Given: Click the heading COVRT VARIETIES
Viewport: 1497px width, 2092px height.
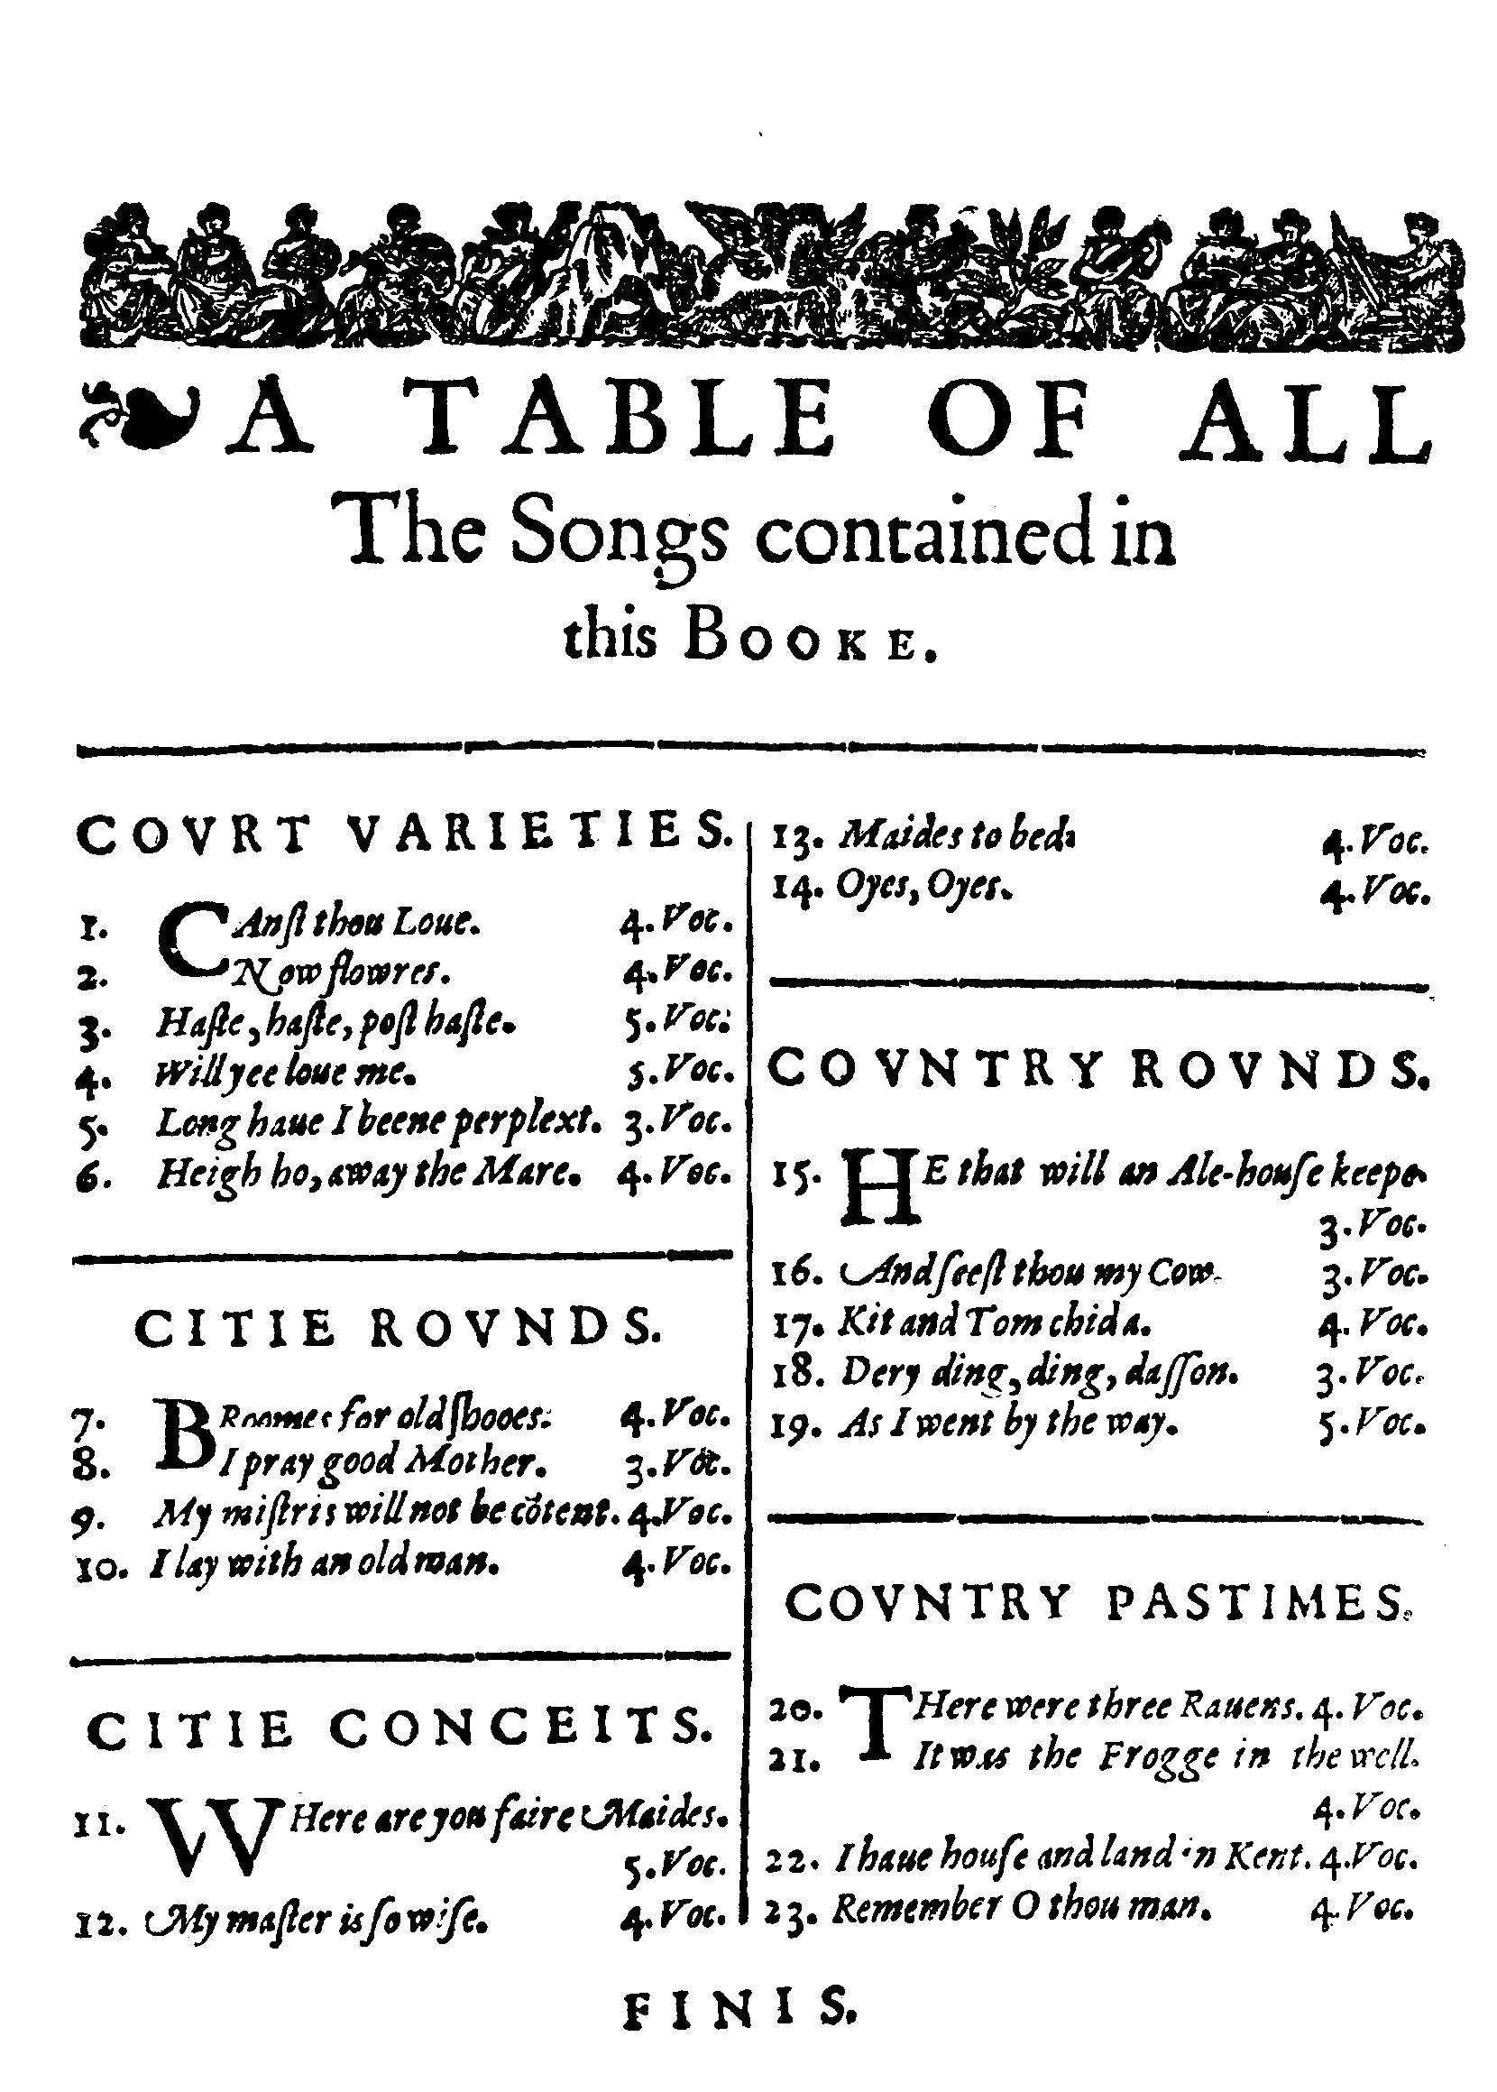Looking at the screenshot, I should (403, 834).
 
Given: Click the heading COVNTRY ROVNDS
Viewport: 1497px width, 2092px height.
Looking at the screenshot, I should (1097, 1070).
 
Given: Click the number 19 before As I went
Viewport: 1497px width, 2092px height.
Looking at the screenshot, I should (794, 1426).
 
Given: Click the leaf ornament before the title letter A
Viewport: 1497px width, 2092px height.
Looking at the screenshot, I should (138, 413).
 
